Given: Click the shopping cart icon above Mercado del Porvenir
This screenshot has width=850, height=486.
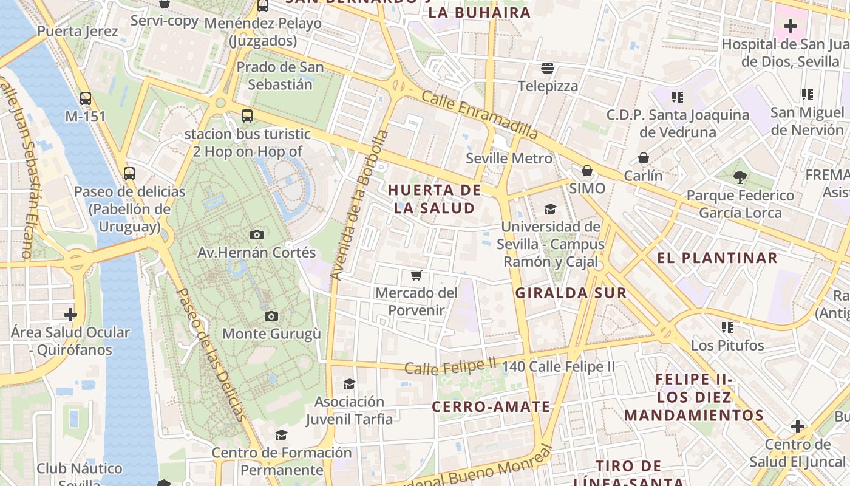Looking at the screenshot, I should click(x=416, y=276).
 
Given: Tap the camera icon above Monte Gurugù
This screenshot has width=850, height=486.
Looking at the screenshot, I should click(x=271, y=316).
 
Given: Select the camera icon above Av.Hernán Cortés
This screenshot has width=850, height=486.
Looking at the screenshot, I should click(x=257, y=234).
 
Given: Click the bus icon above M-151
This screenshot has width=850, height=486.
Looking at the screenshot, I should click(x=86, y=98).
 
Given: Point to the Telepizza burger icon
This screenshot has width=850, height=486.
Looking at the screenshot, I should click(x=548, y=68).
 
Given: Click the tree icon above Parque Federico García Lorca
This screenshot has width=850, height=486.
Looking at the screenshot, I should click(x=739, y=177).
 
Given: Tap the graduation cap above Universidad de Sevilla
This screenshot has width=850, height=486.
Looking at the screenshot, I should click(x=550, y=210).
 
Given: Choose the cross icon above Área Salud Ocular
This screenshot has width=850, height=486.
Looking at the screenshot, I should click(x=70, y=315).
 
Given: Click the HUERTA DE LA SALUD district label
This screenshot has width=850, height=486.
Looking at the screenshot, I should click(x=434, y=199).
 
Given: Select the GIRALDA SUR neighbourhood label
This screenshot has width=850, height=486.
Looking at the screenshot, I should click(x=571, y=293).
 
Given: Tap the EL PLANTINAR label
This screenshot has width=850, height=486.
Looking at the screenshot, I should click(x=717, y=258).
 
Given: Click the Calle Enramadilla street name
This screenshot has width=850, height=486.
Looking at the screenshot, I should click(x=480, y=114).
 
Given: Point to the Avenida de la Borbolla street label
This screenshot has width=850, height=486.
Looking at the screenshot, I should click(x=359, y=205).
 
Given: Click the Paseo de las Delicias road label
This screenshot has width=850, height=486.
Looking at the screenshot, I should click(x=211, y=354).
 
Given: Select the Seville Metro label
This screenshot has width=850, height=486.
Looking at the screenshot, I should click(x=509, y=159).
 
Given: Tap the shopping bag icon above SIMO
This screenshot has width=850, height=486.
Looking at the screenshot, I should click(x=586, y=171).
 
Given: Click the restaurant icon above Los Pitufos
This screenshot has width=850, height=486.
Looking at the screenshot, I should click(x=727, y=327).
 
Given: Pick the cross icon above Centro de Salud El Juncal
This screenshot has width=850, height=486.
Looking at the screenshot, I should click(x=798, y=426).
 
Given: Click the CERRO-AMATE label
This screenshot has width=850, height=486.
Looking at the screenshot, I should click(x=491, y=407).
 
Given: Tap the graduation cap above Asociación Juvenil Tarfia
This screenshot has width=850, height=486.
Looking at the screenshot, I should click(x=349, y=384).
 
